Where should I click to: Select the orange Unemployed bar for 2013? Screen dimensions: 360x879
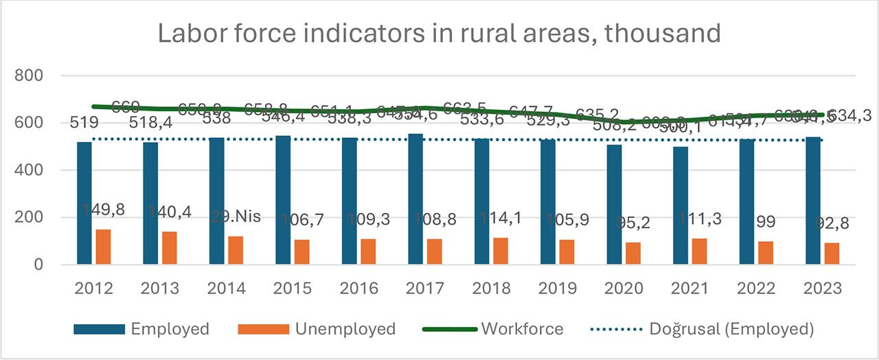coord(169,248)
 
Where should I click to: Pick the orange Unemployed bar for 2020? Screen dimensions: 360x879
coord(633,254)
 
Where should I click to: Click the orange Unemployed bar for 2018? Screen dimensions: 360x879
coord(501,251)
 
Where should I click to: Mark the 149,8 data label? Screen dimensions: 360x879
coord(103,210)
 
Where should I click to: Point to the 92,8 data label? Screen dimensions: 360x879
coord(831,223)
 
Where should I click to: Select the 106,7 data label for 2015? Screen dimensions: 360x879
coord(302,220)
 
